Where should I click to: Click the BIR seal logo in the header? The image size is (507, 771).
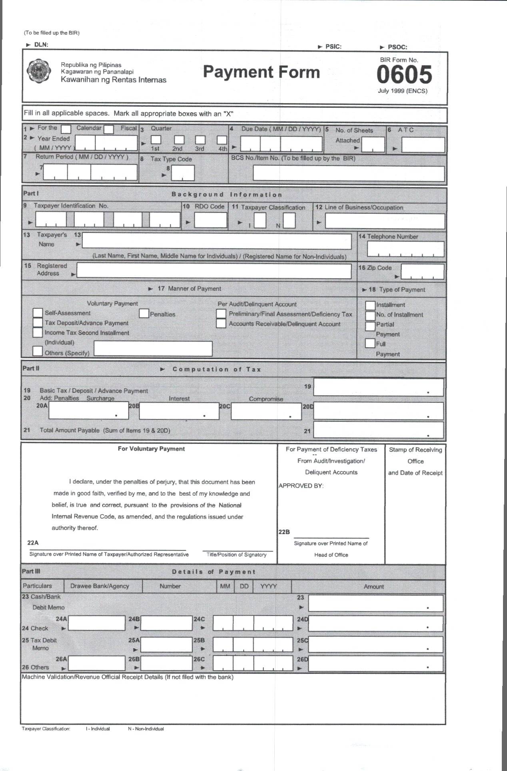(38, 71)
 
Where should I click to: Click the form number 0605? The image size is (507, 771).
(404, 75)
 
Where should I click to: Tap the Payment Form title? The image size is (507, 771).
(261, 72)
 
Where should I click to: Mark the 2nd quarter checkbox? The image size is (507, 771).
(179, 140)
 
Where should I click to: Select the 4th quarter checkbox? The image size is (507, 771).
(222, 140)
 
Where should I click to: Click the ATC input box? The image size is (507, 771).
(423, 145)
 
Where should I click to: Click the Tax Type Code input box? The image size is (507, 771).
(183, 173)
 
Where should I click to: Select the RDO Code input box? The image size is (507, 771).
(211, 220)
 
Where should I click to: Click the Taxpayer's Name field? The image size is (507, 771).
(216, 241)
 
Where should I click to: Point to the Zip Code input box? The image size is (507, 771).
(422, 272)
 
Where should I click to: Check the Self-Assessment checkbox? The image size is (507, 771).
(38, 313)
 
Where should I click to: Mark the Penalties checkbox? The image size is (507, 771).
(144, 314)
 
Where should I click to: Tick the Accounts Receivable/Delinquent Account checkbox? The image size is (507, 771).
(221, 324)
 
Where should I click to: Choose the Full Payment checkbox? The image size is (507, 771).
(370, 343)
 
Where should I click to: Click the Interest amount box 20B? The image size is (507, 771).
(179, 411)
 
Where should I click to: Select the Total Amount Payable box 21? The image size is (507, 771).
(378, 430)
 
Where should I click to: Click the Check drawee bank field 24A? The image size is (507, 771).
(96, 623)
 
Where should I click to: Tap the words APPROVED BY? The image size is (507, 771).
(301, 486)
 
